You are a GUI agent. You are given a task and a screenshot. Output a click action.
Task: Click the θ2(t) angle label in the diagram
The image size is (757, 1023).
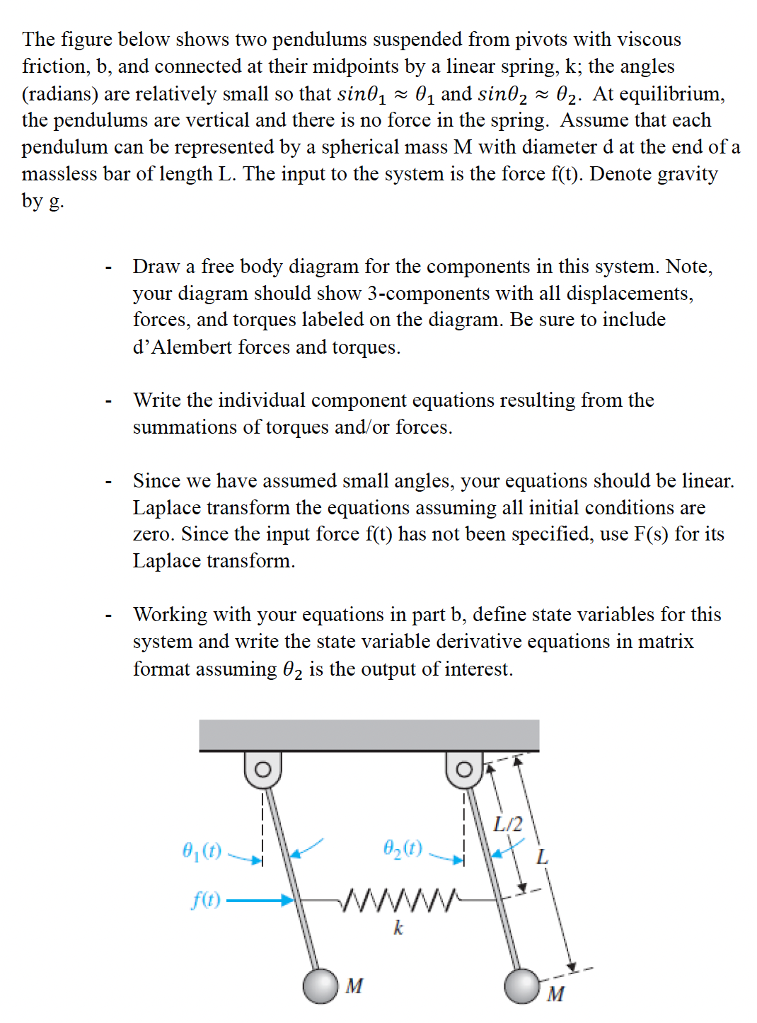click(x=403, y=848)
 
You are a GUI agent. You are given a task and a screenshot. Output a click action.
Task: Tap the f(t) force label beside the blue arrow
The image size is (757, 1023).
click(x=206, y=900)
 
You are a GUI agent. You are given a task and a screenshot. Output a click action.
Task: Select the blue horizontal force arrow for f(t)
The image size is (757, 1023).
click(x=259, y=901)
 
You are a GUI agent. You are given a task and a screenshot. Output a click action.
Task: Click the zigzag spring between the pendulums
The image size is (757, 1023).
click(x=399, y=901)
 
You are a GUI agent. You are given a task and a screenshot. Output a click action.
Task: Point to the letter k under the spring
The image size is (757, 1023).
click(x=398, y=927)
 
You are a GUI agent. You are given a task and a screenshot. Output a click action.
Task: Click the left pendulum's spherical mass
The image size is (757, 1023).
click(x=320, y=986)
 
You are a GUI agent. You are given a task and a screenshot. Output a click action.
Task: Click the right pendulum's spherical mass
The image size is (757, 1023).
click(x=523, y=986)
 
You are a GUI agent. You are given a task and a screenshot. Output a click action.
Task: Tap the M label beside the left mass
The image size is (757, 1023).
click(x=354, y=986)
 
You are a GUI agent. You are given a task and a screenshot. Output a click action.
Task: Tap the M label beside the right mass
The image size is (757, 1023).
click(x=556, y=994)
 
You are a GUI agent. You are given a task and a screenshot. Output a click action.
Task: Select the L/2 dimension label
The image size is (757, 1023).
click(x=507, y=824)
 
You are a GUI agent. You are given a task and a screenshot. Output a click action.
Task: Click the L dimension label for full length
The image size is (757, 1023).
click(x=542, y=857)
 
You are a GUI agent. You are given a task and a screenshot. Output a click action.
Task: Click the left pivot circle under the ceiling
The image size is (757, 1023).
click(x=262, y=769)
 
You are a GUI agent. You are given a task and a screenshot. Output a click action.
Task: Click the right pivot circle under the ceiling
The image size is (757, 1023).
click(x=464, y=769)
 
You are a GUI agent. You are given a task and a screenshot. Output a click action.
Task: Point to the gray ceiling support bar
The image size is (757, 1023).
click(x=369, y=735)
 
